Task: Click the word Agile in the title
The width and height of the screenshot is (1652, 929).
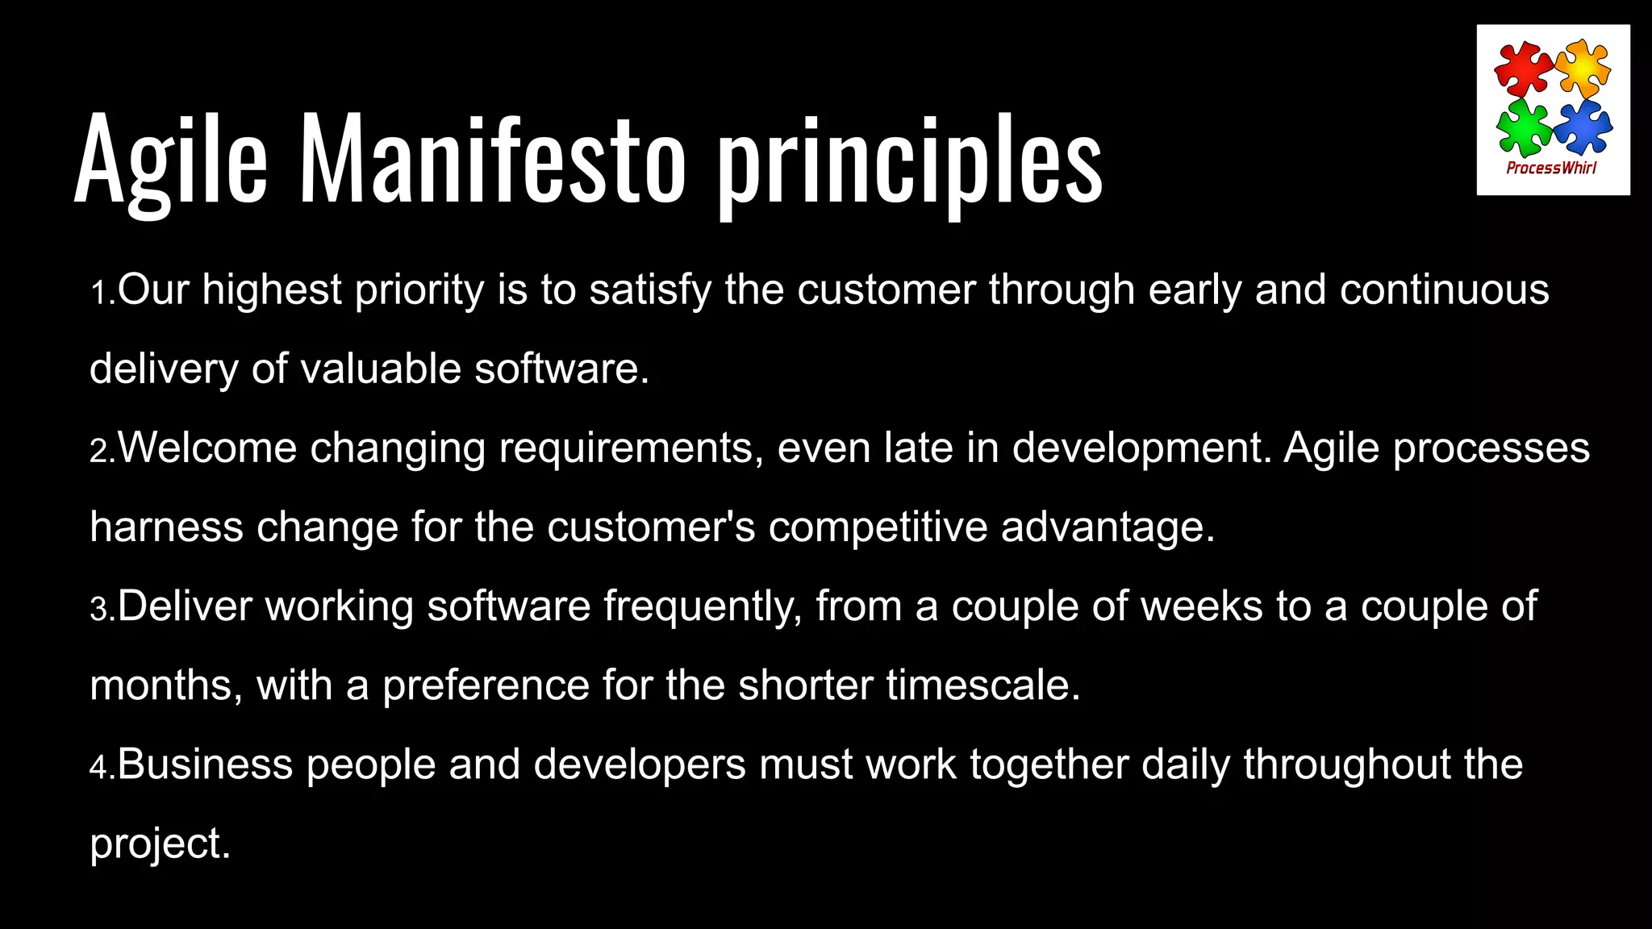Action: click(170, 159)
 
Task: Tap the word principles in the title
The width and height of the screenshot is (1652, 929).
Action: click(910, 161)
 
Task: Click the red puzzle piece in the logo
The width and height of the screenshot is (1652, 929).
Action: click(1523, 70)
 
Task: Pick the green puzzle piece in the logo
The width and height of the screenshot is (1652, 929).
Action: click(1523, 127)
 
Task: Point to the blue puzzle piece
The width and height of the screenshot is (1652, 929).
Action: click(1583, 127)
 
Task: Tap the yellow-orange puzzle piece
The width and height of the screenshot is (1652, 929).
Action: click(1583, 69)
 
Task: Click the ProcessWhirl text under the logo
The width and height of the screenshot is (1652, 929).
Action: click(1552, 168)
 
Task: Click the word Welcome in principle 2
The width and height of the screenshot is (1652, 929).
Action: click(207, 448)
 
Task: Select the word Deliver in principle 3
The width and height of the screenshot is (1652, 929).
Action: click(185, 606)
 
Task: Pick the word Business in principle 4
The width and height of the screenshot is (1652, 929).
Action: click(205, 764)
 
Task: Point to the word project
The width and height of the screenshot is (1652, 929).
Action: click(160, 845)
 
